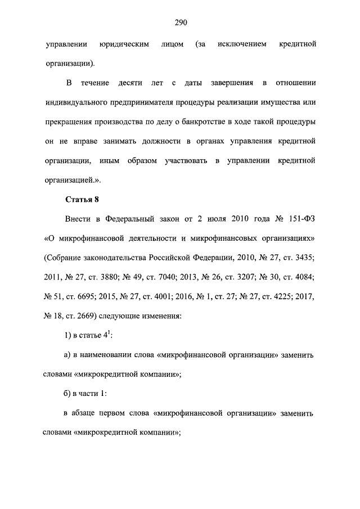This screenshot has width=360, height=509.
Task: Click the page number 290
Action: (x=180, y=23)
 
